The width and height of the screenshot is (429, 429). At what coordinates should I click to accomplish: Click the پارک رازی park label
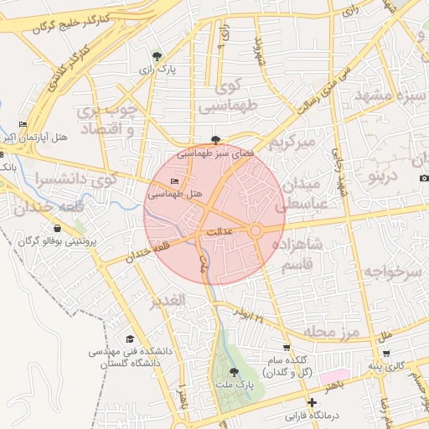pos(158,72)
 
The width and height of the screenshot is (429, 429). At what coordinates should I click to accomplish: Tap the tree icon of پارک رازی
pos(158,58)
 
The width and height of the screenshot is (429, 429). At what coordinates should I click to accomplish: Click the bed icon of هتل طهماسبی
pos(174,181)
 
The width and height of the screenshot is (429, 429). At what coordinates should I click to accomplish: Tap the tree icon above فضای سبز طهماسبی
pos(217,141)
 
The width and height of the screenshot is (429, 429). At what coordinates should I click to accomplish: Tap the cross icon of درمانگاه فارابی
pos(312,403)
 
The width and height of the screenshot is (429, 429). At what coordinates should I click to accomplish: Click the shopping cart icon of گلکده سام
pos(287,348)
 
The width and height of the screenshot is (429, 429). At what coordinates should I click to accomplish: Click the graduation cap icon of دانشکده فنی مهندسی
pos(129,339)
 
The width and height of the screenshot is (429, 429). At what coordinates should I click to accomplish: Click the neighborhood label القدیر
pos(167,302)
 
